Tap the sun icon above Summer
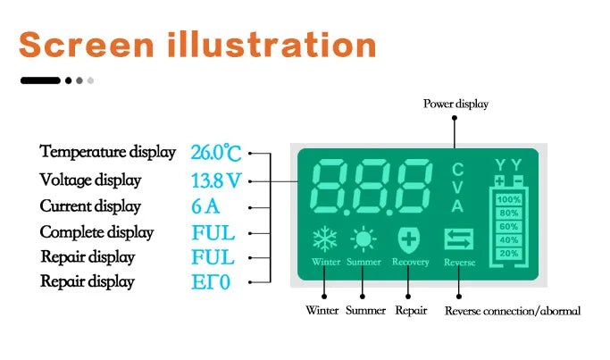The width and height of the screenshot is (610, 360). (x=363, y=239)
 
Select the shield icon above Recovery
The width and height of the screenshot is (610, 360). (x=408, y=239)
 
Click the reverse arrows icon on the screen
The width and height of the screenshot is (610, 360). (x=458, y=239)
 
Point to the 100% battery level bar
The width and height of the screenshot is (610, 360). (x=508, y=199)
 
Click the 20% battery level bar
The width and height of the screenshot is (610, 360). (x=508, y=254)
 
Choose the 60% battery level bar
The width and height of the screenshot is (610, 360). (x=508, y=227)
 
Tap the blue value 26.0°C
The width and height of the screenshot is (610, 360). (x=216, y=153)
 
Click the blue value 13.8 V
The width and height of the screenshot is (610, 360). (x=216, y=180)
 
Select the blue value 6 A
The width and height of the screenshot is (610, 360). (x=205, y=206)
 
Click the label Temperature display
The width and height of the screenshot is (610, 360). (x=107, y=152)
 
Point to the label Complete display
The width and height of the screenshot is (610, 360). (x=96, y=232)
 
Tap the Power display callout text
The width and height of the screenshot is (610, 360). (x=455, y=105)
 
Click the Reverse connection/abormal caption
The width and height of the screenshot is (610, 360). (x=512, y=311)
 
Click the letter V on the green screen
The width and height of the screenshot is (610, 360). (x=457, y=188)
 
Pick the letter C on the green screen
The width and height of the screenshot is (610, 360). (x=457, y=170)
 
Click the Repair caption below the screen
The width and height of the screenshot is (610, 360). (x=411, y=311)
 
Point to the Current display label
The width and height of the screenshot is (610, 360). (x=90, y=206)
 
